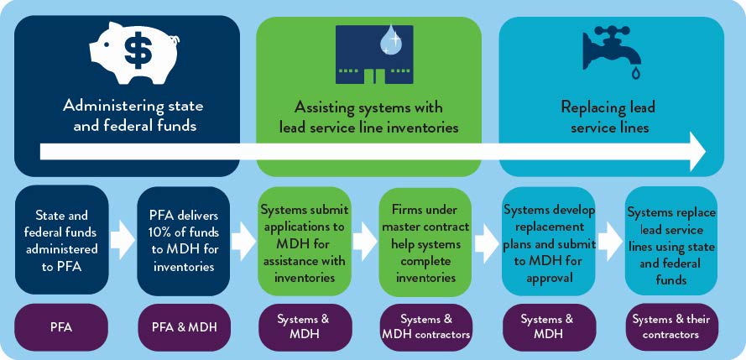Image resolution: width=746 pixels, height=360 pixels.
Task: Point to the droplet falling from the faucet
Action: [635, 75]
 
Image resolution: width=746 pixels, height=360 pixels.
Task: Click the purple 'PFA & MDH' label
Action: [183, 326]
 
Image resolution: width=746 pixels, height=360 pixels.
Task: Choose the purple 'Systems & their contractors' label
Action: [671, 326]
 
